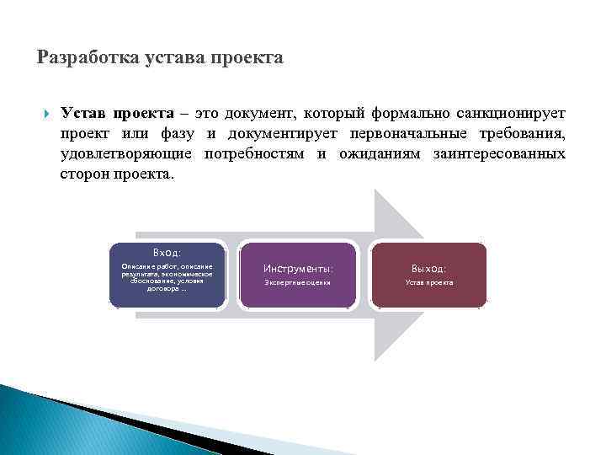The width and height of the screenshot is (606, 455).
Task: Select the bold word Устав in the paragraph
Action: click(83, 113)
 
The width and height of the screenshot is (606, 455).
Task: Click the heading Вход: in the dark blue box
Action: click(167, 251)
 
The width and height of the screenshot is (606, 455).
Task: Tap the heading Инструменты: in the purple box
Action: click(298, 268)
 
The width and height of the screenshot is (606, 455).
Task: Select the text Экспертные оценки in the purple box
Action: click(298, 282)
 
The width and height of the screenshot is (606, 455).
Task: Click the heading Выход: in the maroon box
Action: click(428, 268)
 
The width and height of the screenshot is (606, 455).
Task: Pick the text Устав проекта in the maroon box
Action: click(428, 282)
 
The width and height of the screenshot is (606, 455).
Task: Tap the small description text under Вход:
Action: click(167, 276)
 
